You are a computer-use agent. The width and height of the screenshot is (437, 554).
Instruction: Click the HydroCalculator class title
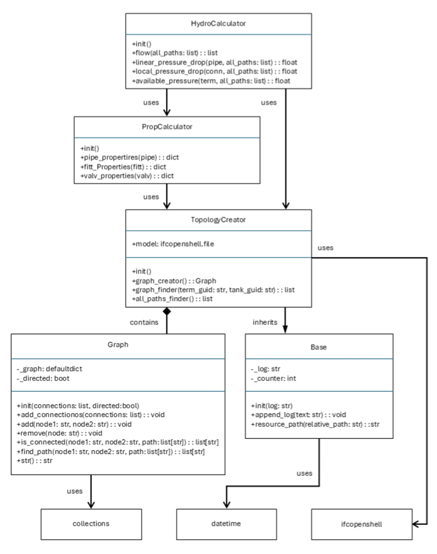pos(218,23)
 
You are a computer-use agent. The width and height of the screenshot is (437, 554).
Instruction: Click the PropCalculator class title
pos(167,126)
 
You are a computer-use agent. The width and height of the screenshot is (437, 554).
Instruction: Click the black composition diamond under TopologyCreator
pos(166,312)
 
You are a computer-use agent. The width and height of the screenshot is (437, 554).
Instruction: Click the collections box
pos(90,523)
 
